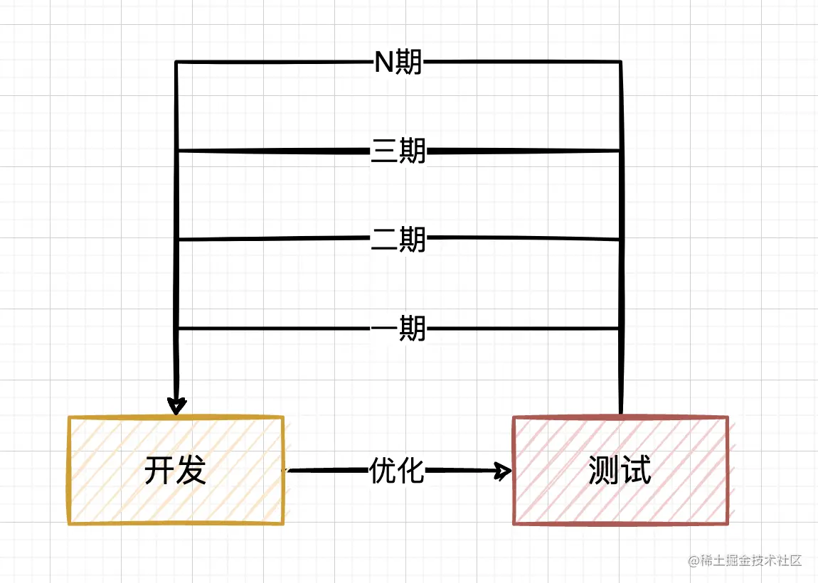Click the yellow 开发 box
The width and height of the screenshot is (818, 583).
coord(176,470)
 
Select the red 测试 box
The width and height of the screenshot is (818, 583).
coord(620,470)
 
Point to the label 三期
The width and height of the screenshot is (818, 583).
coord(398,151)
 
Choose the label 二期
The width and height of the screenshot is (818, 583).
coord(398,240)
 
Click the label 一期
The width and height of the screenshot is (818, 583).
coord(398,328)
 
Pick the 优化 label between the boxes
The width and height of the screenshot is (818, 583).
coord(397,470)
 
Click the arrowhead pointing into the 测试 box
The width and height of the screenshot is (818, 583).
coord(504,470)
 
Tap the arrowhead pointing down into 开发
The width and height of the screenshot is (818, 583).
coord(176,405)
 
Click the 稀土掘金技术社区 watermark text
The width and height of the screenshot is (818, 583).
coord(751,561)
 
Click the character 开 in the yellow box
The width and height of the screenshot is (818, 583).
coord(159,470)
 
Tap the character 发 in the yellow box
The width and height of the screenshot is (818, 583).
coord(191,470)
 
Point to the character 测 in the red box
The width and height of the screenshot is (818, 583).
coord(604,470)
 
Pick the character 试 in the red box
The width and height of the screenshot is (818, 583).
coord(636,470)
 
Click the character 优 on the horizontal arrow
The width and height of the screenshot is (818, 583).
coord(383,470)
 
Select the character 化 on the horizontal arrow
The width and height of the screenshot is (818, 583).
coord(411,470)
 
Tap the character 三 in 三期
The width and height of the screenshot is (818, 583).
coord(384,151)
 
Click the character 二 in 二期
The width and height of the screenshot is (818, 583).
coord(384,240)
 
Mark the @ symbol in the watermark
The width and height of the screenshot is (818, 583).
coord(694,561)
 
